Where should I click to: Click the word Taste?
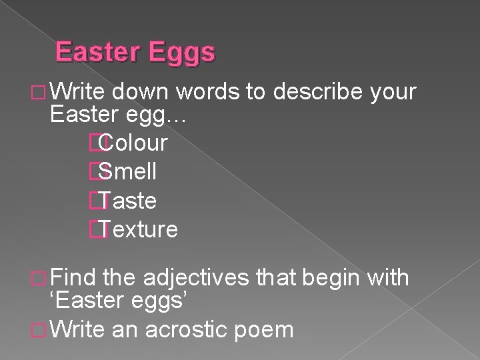tap(130, 201)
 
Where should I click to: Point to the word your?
tap(393, 91)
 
